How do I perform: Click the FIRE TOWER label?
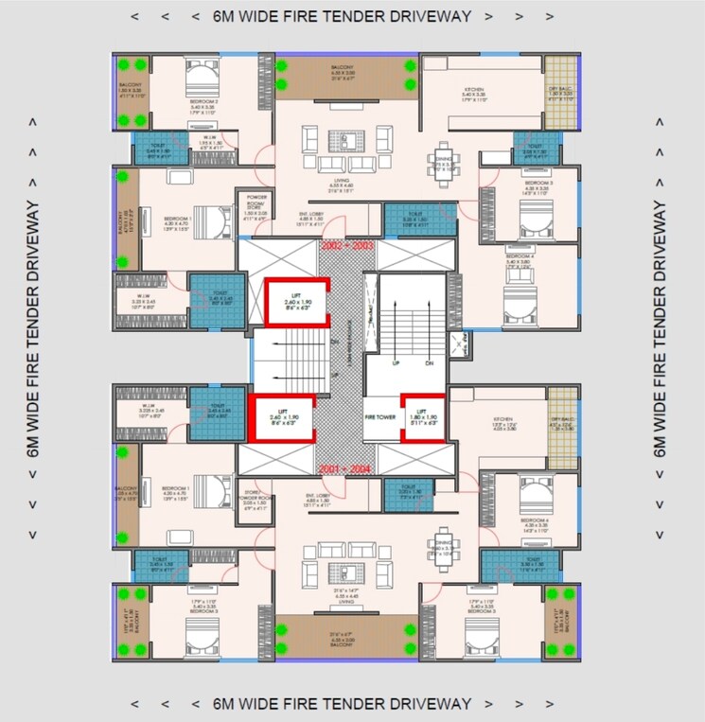pyautogui.click(x=379, y=414)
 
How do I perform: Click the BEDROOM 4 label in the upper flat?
pyautogui.click(x=520, y=256)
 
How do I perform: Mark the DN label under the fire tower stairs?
pyautogui.click(x=428, y=362)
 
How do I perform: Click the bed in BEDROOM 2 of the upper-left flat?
pyautogui.click(x=201, y=74)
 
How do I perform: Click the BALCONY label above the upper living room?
pyautogui.click(x=342, y=72)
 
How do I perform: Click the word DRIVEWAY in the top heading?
pyautogui.click(x=423, y=15)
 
